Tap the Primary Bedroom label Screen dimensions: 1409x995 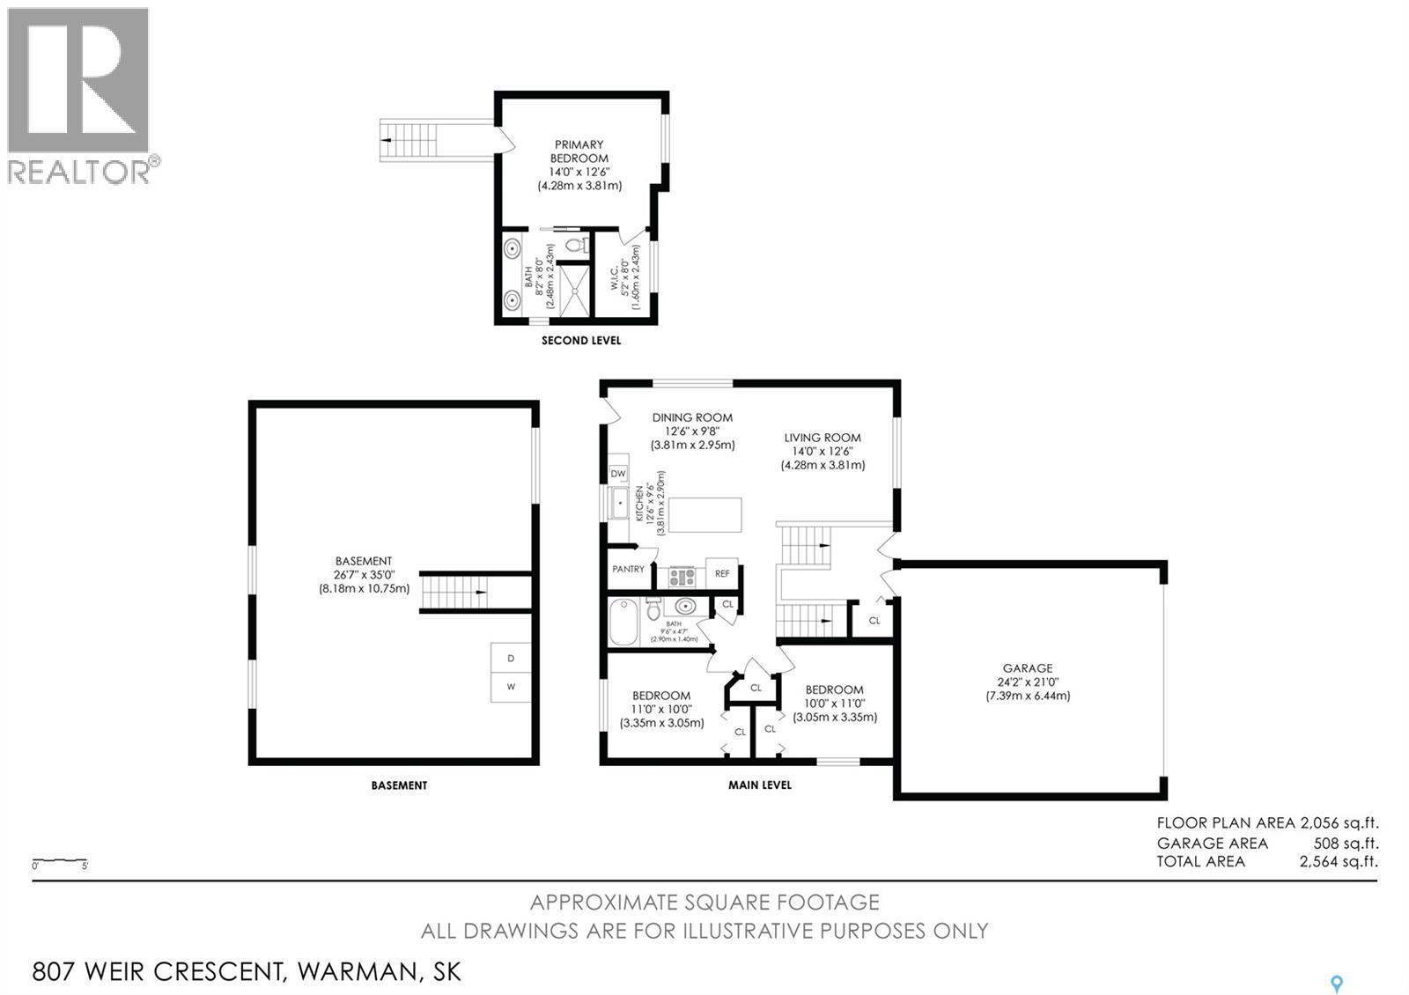[579, 151]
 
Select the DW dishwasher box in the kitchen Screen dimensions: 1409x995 [617, 474]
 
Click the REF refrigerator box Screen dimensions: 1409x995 [721, 573]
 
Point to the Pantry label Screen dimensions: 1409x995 [628, 569]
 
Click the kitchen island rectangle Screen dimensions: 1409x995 [705, 514]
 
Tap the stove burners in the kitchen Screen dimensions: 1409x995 [682, 576]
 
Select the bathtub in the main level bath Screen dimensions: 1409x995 [623, 622]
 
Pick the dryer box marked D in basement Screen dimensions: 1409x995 [511, 658]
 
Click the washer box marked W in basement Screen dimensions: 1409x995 [511, 687]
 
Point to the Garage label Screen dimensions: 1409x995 [1027, 668]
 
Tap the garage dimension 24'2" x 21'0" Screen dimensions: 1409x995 [1028, 682]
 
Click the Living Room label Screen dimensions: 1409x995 [823, 438]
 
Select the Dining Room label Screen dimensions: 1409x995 [692, 417]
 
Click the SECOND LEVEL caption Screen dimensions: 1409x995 [581, 340]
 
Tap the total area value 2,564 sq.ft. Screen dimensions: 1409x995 [1339, 861]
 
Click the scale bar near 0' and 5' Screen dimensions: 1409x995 [60, 859]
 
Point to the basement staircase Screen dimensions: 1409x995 [454, 592]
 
